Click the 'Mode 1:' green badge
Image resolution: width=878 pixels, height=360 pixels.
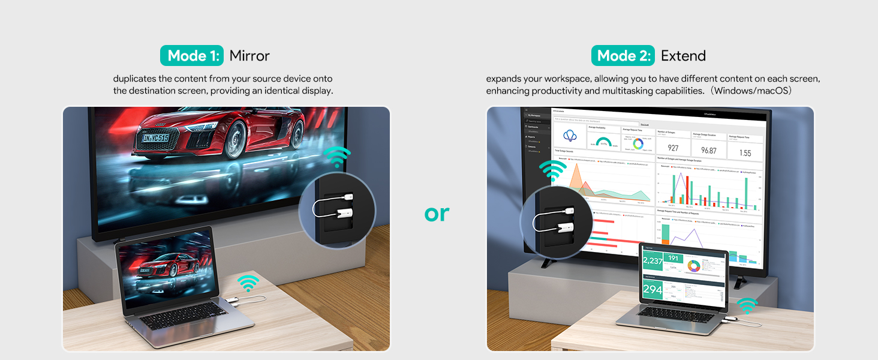192,56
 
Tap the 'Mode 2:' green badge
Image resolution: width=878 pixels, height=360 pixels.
623,56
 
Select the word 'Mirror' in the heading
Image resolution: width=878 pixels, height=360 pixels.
249,56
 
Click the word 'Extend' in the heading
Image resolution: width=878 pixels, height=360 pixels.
683,56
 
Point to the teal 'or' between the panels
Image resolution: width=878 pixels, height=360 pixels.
437,213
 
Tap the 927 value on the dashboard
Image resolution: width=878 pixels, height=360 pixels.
673,149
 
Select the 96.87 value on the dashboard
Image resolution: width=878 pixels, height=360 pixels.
709,151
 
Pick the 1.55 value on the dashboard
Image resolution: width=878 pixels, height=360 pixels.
745,153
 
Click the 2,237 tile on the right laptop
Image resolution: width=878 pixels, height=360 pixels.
652,261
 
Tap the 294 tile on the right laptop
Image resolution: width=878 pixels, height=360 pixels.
653,290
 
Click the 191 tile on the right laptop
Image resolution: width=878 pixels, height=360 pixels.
673,259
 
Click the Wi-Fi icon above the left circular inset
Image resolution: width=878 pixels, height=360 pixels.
338,158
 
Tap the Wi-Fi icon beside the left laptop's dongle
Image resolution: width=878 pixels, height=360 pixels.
248,283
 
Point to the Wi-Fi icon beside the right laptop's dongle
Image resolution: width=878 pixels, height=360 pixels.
747,305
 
